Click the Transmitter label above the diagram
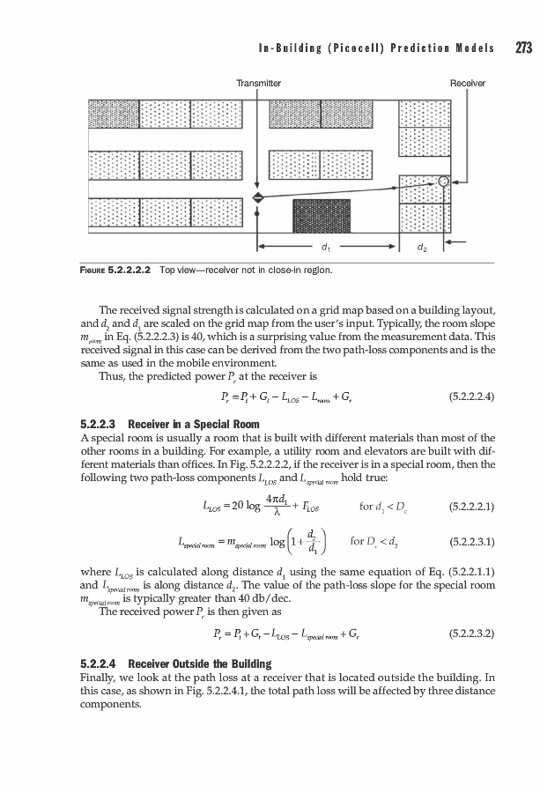point(258,83)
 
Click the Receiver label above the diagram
point(468,83)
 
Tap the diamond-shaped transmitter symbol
point(257,196)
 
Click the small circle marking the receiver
point(444,182)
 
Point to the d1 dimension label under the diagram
point(327,248)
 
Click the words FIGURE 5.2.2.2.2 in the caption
point(112,269)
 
